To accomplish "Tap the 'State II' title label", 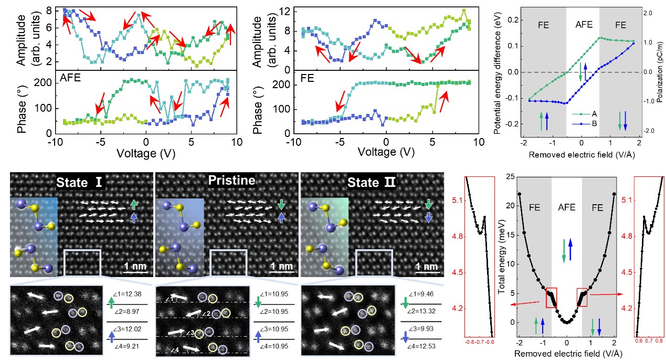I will coord(374,184).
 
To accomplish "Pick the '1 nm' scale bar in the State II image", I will coord(427,267).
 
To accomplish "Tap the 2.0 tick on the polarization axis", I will coord(648,13).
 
